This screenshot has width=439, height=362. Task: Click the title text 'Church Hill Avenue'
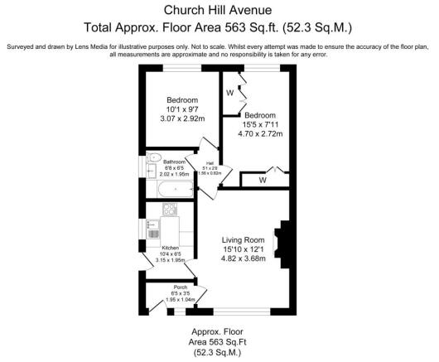pyautogui.click(x=219, y=11)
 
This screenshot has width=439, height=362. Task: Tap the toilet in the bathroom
pyautogui.click(x=155, y=157)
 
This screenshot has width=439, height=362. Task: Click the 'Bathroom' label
pyautogui.click(x=175, y=162)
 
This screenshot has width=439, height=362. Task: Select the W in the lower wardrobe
pyautogui.click(x=263, y=179)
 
